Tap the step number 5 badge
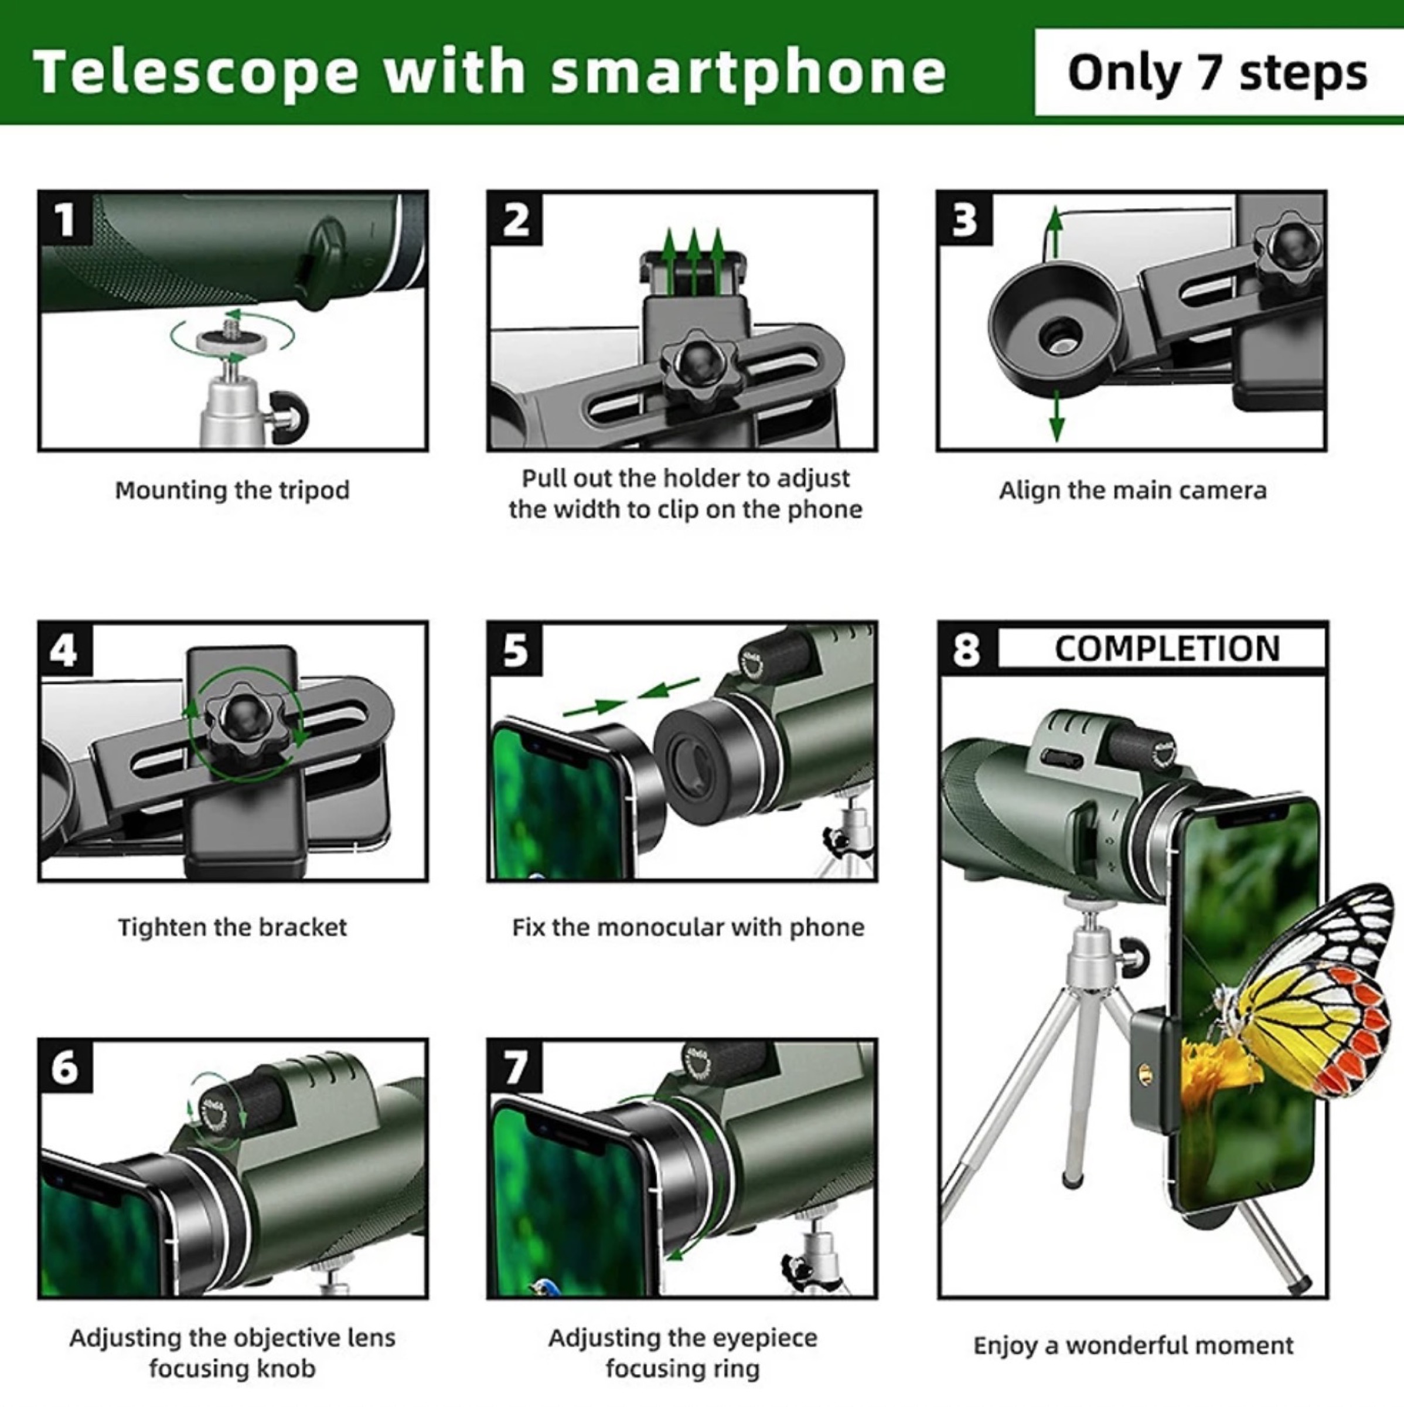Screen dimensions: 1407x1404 514,649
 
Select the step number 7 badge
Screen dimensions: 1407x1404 514,1068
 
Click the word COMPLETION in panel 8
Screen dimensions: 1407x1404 1167,649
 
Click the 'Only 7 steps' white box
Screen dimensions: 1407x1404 1217,73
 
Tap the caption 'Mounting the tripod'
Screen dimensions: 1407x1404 232,490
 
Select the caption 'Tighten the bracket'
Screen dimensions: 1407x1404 232,927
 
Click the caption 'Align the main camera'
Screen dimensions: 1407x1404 1133,490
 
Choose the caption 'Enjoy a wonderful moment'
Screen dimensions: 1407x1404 1133,1345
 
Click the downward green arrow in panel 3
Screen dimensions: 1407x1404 1056,418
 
